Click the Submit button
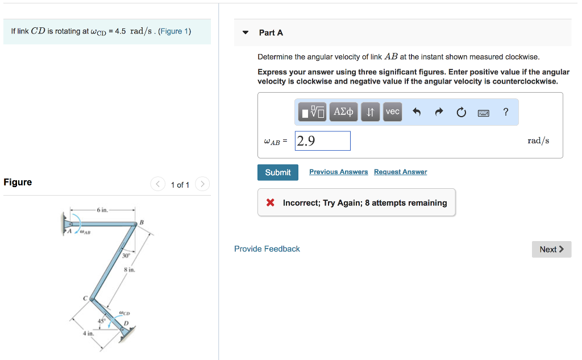tap(277, 172)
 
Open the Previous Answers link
tap(338, 172)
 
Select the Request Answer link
tap(400, 172)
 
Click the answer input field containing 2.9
tap(322, 141)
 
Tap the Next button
tap(551, 249)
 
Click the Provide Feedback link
tap(267, 249)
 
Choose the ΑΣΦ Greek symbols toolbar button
tap(343, 112)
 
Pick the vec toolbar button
tap(392, 112)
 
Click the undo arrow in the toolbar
tap(416, 112)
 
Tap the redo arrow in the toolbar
tap(439, 112)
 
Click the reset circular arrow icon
tap(461, 112)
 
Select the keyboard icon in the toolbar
tap(483, 113)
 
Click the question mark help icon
tap(506, 112)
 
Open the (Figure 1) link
tap(174, 31)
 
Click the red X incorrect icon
tap(271, 203)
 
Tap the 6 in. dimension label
tap(102, 210)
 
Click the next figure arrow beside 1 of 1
tap(202, 184)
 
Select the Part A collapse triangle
tap(245, 32)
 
